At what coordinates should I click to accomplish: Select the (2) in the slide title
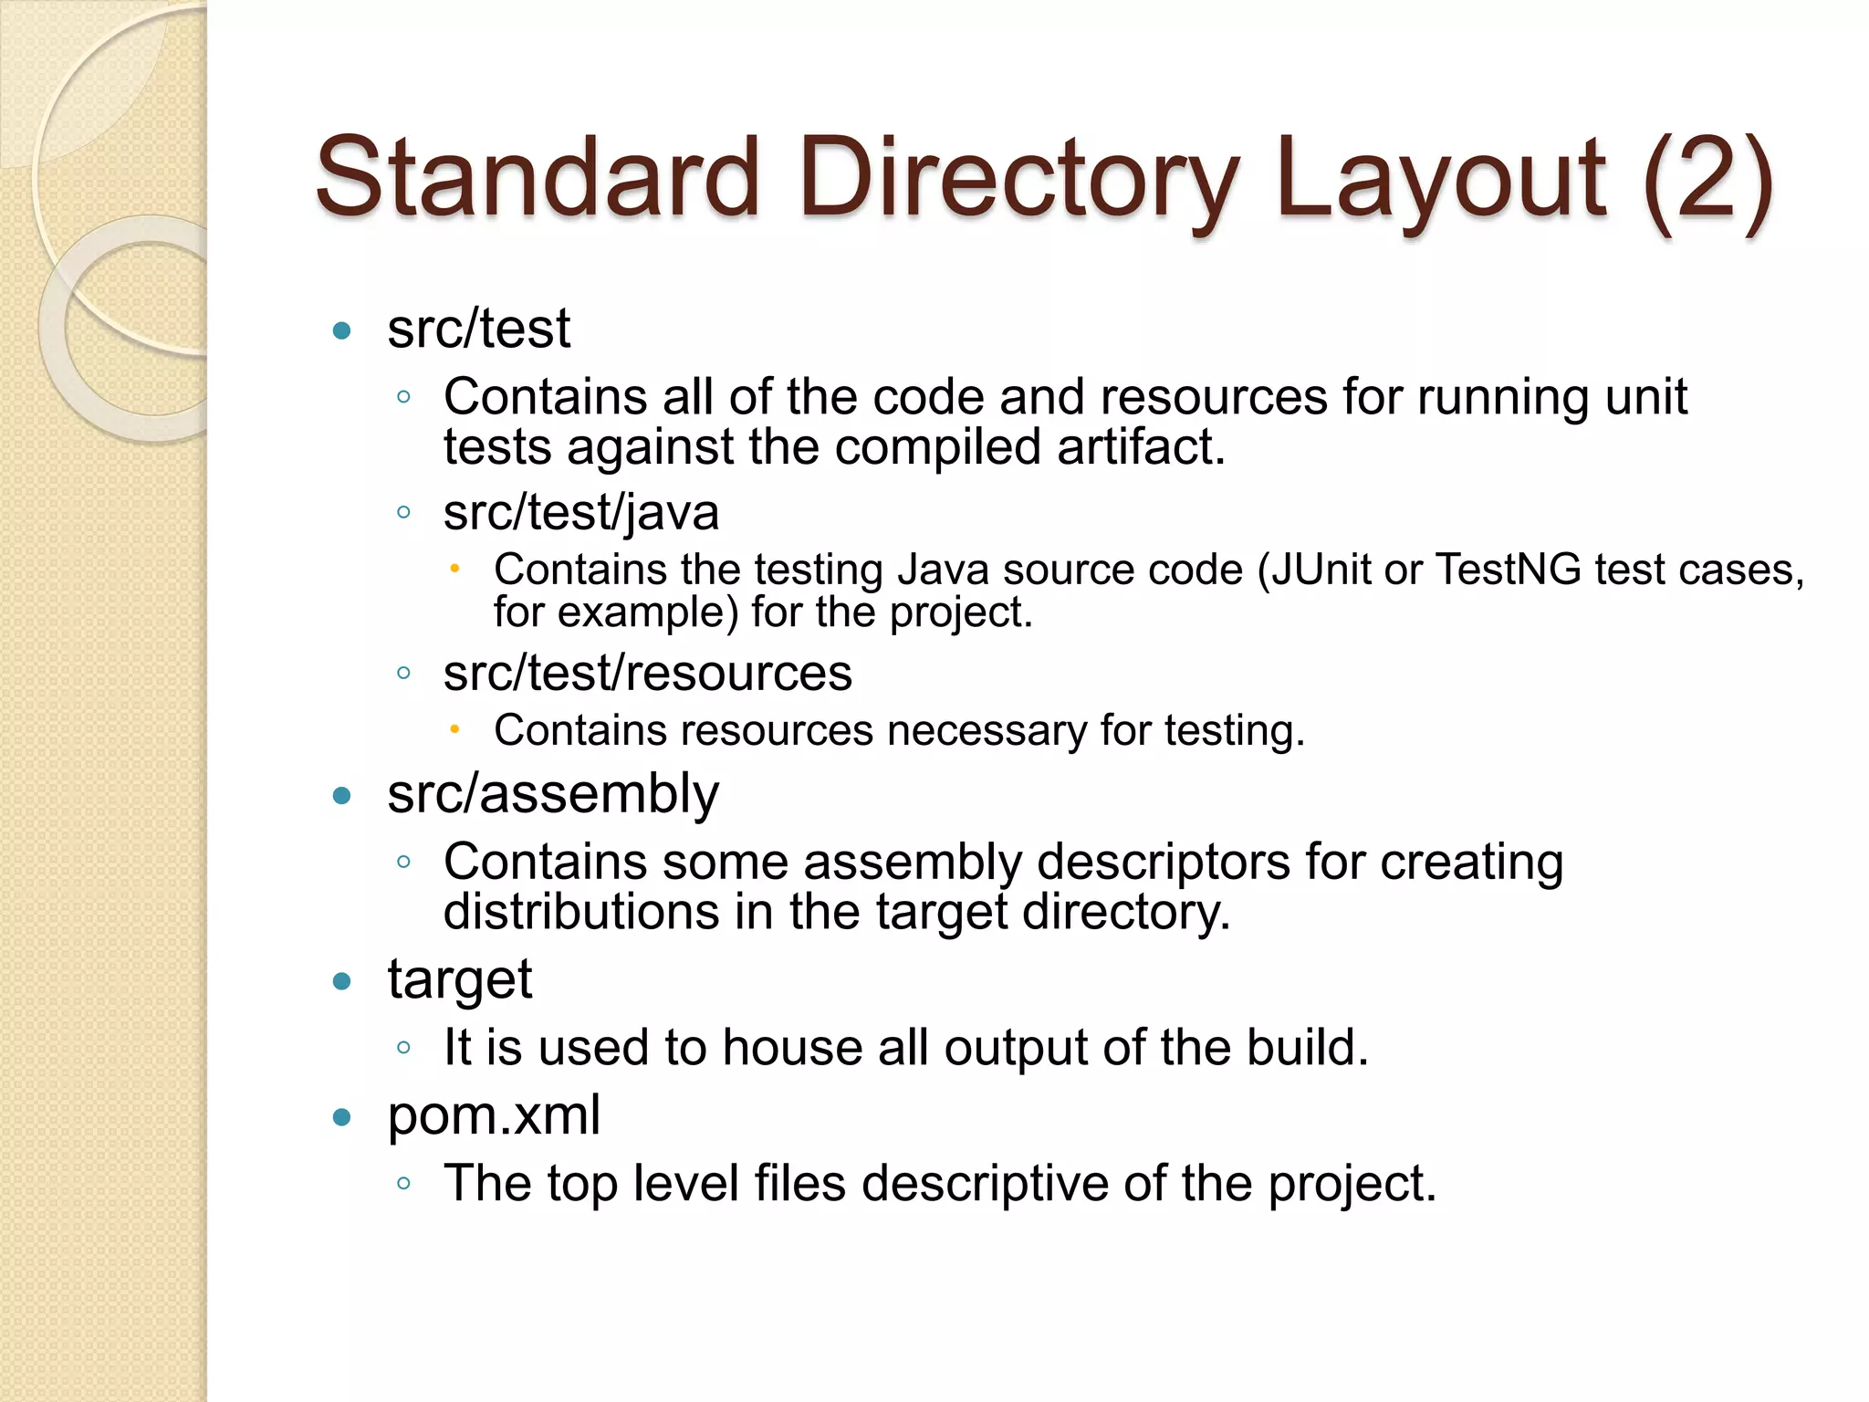(1707, 179)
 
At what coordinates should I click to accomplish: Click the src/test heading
(478, 329)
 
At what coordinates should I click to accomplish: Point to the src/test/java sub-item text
(580, 512)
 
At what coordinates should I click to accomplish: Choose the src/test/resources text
(647, 674)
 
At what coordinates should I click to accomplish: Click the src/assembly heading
(552, 794)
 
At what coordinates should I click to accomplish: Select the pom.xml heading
(494, 1115)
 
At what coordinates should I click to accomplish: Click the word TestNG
(1508, 570)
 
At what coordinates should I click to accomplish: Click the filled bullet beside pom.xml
(342, 1117)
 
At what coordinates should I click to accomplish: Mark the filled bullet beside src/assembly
(342, 796)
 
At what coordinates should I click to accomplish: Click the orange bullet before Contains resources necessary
(454, 729)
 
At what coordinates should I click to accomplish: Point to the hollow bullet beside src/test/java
(403, 512)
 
